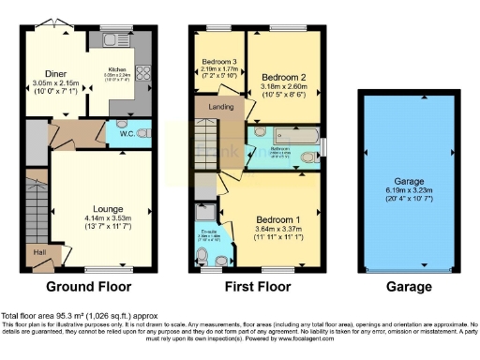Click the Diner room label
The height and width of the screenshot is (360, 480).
[x=54, y=73]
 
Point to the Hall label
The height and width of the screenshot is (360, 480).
[x=38, y=252]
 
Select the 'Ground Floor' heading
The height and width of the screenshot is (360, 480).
[x=90, y=287]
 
